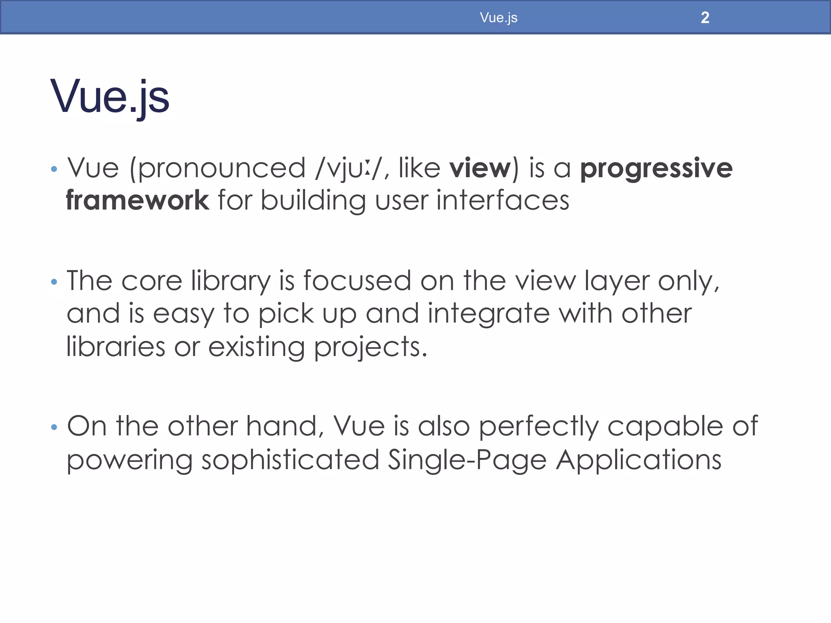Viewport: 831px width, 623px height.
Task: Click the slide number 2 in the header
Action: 705,18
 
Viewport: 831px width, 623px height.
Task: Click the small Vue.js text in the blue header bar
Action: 498,18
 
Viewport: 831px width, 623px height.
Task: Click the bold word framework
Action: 138,200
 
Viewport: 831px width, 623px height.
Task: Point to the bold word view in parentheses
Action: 480,168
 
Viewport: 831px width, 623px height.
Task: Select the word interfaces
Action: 503,200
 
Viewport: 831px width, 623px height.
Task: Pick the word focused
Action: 357,281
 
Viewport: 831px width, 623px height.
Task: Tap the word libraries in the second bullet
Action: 116,347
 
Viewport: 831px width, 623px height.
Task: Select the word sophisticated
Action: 290,460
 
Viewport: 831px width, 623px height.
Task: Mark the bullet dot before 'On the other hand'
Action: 54,427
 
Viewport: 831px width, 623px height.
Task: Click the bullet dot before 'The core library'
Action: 54,281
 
